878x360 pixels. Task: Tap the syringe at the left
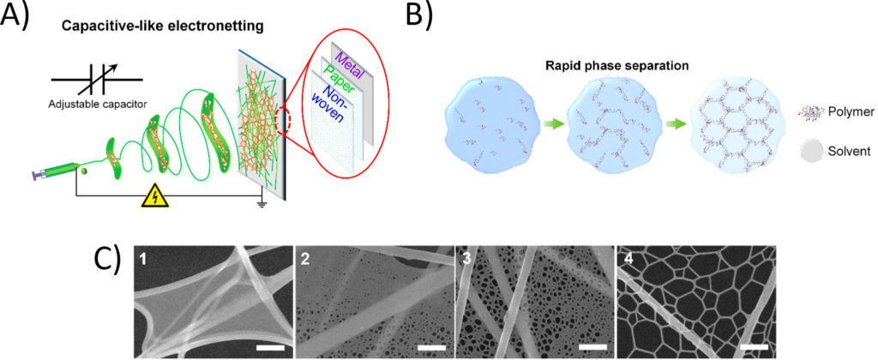tap(54, 166)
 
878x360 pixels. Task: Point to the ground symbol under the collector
tap(260, 202)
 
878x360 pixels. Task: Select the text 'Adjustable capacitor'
tap(91, 104)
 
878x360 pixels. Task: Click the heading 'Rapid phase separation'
tap(609, 65)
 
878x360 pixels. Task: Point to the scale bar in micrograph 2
tap(431, 348)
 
